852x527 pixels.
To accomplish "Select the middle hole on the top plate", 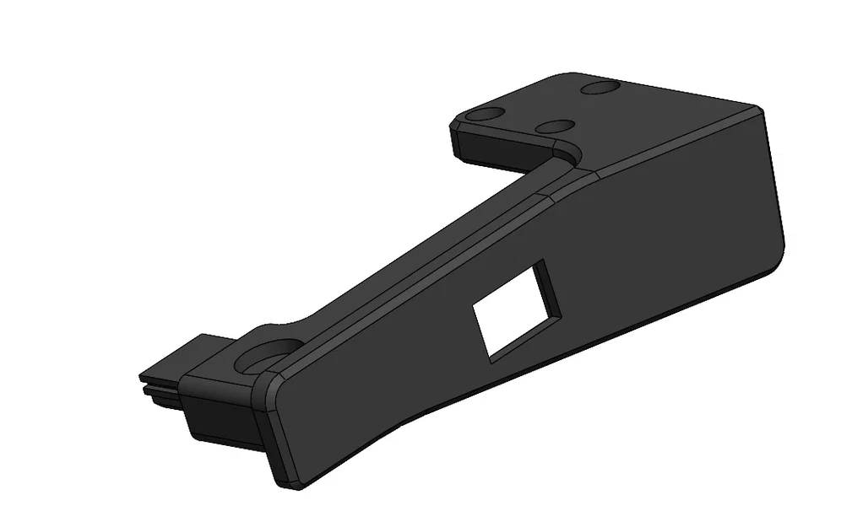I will click(x=556, y=127).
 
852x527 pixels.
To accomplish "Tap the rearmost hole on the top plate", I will click(x=601, y=87).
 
